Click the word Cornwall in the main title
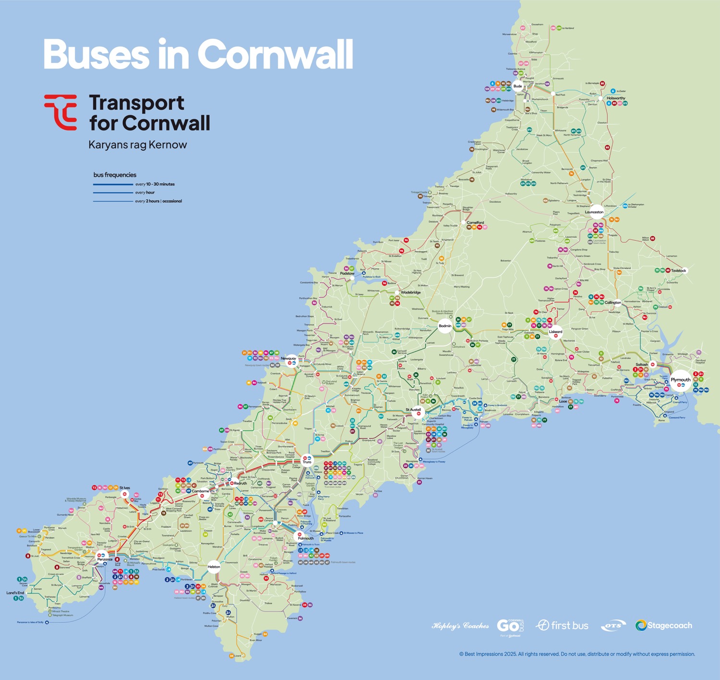click(275, 54)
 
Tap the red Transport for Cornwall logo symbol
click(61, 112)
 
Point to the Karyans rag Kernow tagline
click(138, 145)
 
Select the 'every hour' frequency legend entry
click(144, 193)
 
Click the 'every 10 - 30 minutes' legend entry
click(155, 184)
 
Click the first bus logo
click(562, 625)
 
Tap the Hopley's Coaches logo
click(460, 626)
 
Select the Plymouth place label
click(681, 380)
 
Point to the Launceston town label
click(594, 212)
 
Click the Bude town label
click(517, 86)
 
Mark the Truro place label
click(307, 462)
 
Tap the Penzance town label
click(105, 559)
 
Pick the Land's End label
click(15, 593)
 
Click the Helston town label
click(214, 567)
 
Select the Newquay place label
click(288, 358)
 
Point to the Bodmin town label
click(445, 326)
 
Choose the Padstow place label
click(347, 273)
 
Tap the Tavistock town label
click(679, 270)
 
